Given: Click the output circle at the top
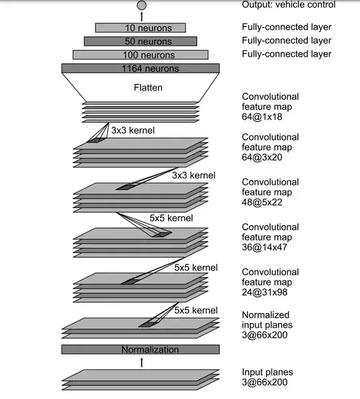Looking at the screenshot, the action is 141,5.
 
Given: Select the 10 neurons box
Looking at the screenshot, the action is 141,28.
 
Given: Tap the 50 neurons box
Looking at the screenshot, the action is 141,41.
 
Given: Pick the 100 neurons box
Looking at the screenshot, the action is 141,55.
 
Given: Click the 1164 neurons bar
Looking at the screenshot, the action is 141,68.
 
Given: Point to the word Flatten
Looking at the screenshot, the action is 148,87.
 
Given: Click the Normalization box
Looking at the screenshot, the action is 141,350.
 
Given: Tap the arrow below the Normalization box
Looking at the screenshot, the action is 142,362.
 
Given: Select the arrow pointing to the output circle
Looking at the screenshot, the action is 142,16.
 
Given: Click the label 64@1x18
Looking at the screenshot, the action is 262,117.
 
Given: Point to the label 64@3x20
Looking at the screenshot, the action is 262,157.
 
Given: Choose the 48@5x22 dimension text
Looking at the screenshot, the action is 262,202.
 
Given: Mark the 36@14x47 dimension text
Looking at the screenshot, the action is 265,247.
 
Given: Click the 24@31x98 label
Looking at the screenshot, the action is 265,292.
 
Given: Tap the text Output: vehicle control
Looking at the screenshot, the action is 289,5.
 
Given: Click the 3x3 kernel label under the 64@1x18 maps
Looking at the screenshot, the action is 133,131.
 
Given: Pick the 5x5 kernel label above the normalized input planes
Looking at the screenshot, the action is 196,310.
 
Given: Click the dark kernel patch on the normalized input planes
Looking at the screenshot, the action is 147,324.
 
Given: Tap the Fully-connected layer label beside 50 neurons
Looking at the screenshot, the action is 287,41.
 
